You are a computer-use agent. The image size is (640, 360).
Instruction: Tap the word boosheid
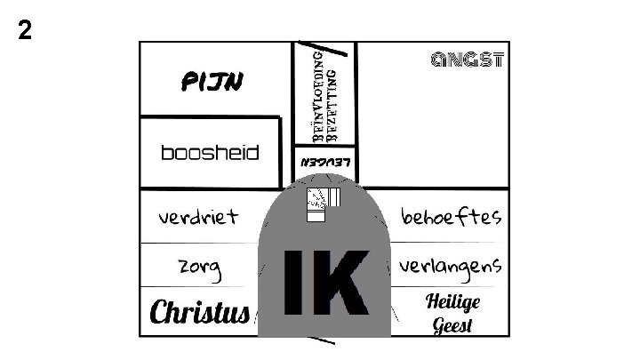[x=210, y=153]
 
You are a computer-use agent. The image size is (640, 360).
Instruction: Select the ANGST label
[x=468, y=60]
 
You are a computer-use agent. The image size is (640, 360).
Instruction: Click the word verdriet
[x=198, y=216]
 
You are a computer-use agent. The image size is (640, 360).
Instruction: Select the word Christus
[x=199, y=313]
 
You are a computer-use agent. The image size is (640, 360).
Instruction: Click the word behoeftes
[x=452, y=216]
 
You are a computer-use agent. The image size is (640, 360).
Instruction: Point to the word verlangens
[x=451, y=265]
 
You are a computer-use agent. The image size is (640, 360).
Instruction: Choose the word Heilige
[x=452, y=301]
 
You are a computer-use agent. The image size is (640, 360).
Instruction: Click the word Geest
[x=452, y=324]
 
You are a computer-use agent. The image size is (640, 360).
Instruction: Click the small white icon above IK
[x=322, y=204]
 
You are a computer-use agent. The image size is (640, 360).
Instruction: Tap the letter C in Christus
[x=160, y=313]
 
